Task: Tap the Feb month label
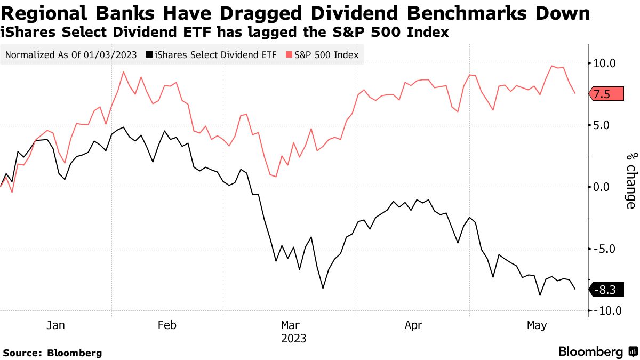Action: click(166, 325)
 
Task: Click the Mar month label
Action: click(291, 325)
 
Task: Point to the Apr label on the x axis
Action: click(414, 325)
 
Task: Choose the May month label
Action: click(537, 325)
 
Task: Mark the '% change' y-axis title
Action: click(631, 180)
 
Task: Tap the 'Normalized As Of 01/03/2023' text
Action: click(70, 54)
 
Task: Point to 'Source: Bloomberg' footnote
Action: click(52, 353)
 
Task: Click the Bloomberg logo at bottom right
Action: click(597, 352)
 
